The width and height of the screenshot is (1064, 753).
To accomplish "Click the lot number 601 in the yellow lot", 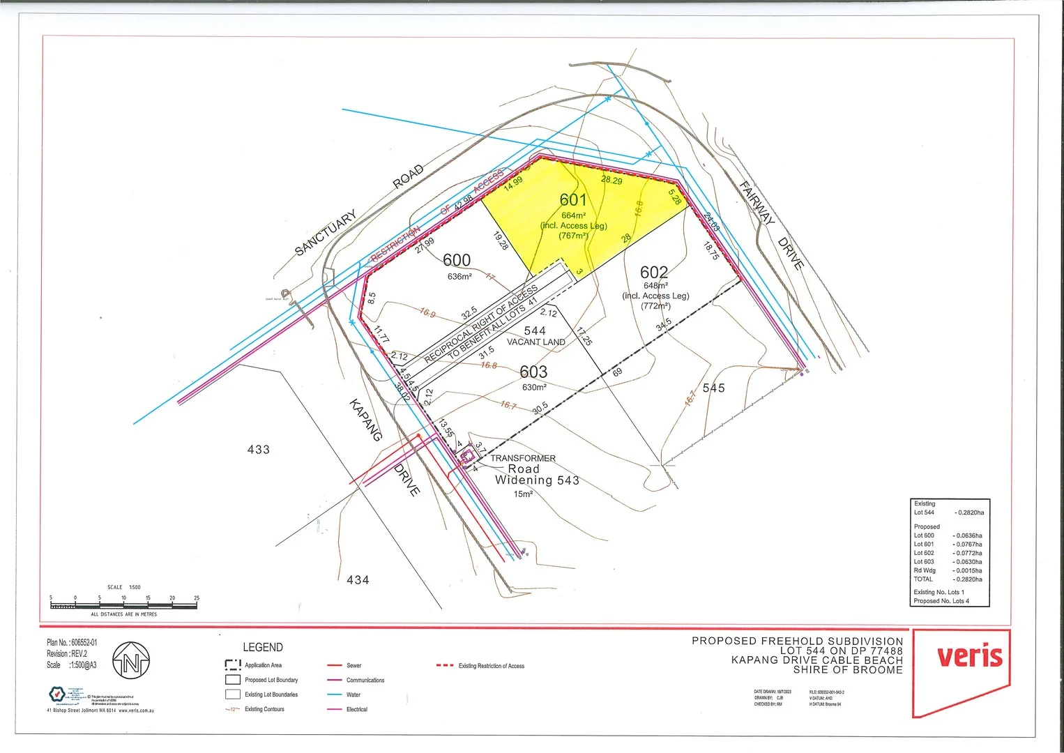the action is click(573, 200).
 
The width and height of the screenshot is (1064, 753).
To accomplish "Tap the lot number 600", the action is click(457, 260).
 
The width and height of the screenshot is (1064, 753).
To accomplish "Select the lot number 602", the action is click(654, 272).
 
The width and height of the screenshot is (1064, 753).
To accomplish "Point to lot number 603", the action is click(533, 372).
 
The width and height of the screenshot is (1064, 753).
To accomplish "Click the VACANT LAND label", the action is click(535, 342).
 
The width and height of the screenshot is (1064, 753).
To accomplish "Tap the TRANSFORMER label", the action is click(523, 458).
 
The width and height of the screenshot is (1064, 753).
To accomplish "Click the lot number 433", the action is click(259, 450).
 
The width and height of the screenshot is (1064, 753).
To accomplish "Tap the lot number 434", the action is click(358, 579).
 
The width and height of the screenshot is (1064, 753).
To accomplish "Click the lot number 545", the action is click(713, 388).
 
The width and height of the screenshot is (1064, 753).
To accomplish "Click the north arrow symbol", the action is click(131, 662).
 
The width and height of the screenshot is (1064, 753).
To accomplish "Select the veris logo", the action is click(969, 656).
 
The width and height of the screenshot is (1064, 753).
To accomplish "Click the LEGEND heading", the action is click(263, 647).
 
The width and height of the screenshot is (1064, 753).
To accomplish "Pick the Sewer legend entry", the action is click(354, 665).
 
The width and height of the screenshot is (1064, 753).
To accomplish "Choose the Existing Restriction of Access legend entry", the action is click(491, 666).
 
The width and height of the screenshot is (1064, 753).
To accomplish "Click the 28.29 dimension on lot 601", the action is click(611, 180).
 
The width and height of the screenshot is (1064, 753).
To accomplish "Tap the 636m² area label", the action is click(459, 276).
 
